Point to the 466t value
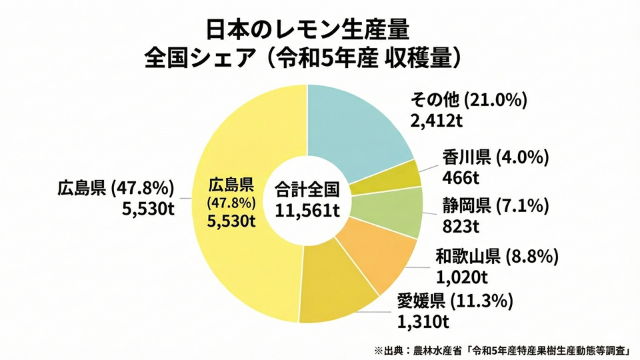(x=457, y=179)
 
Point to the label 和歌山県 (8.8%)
(x=496, y=255)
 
